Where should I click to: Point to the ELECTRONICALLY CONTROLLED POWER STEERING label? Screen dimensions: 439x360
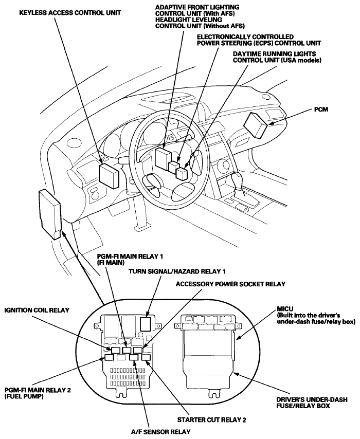[x=245, y=40]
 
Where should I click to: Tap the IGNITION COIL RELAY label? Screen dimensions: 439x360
[x=37, y=310]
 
